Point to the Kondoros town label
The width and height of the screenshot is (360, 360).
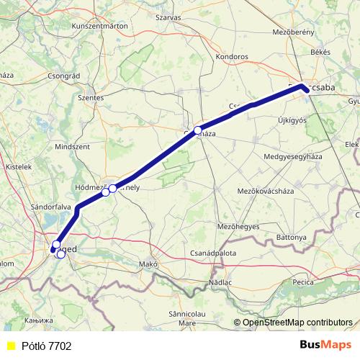pos(232,55)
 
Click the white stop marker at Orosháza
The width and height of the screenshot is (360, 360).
pos(198,131)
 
